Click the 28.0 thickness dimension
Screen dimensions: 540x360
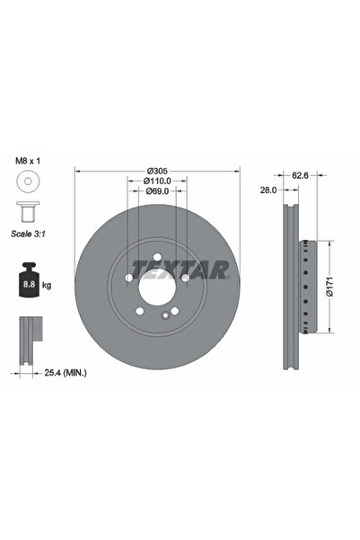click(267, 191)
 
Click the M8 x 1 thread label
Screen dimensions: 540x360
click(29, 164)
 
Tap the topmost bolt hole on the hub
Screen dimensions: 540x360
click(156, 259)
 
